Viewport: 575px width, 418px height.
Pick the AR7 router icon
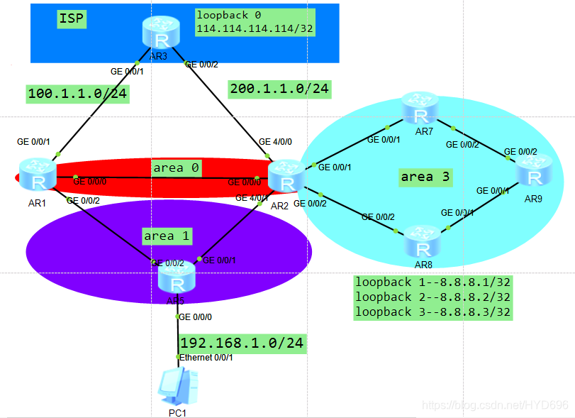pos(421,109)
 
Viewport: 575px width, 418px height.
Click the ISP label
pos(72,19)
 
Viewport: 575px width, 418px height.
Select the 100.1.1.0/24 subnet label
pos(77,94)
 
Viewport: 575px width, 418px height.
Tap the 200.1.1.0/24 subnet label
pos(279,89)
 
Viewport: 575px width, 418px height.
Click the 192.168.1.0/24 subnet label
pos(242,343)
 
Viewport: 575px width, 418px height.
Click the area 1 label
pos(168,235)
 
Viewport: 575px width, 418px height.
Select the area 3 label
pos(425,177)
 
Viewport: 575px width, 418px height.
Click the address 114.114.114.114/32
pos(255,28)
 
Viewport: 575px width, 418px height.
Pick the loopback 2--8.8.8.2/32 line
pos(432,297)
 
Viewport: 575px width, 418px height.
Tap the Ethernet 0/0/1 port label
pos(206,357)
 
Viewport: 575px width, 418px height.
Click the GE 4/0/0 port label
pos(274,141)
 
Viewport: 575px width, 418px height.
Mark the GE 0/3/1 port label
pos(457,212)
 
